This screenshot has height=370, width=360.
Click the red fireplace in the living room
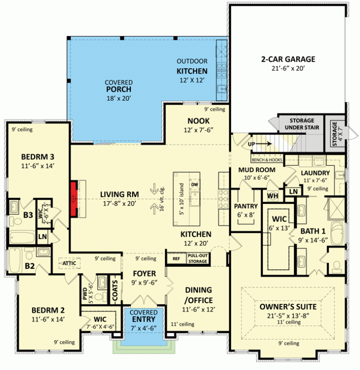tap(74, 199)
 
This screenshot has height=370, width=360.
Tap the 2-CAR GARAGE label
tap(288, 59)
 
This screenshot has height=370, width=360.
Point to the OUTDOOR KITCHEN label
tap(192, 66)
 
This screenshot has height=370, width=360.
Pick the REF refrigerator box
tap(176, 258)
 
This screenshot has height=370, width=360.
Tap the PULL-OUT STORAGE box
tap(197, 258)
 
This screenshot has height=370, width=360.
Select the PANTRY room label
tap(245, 206)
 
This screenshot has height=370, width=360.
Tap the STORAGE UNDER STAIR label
tap(301, 124)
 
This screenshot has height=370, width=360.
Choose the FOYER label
tap(144, 273)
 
